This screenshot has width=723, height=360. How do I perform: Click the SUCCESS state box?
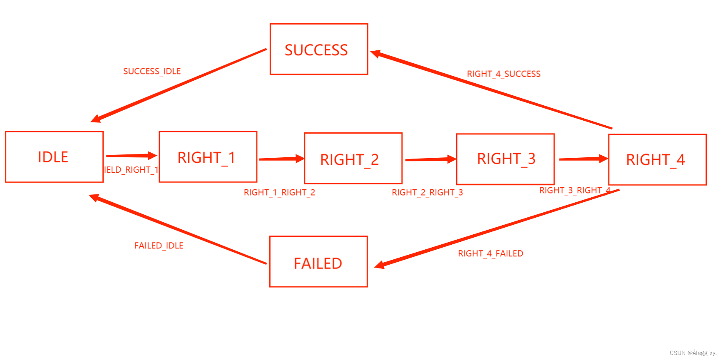pyautogui.click(x=319, y=49)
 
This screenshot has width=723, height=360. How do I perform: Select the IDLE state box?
pyautogui.click(x=54, y=157)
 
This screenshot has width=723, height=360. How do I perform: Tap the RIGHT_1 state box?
pyautogui.click(x=208, y=157)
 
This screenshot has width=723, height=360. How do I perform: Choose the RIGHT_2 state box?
pyautogui.click(x=353, y=158)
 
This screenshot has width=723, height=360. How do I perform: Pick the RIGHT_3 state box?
pyautogui.click(x=505, y=159)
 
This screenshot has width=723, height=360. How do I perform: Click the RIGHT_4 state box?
pyautogui.click(x=657, y=159)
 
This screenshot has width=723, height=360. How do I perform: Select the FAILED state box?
pyautogui.click(x=318, y=261)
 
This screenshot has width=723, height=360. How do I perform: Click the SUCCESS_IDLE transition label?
pyautogui.click(x=152, y=71)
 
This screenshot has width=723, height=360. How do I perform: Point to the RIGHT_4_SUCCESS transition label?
pyautogui.click(x=504, y=74)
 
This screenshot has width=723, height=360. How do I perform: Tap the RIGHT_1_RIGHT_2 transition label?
pyautogui.click(x=279, y=192)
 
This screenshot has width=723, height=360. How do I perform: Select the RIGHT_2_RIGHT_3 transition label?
pyautogui.click(x=427, y=192)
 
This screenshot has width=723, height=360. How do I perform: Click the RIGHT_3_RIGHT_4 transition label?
pyautogui.click(x=574, y=190)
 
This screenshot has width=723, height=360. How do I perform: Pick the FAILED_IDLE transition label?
pyautogui.click(x=159, y=246)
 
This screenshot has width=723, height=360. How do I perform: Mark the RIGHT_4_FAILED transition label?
pyautogui.click(x=490, y=253)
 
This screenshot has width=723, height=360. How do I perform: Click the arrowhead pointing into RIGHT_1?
pyautogui.click(x=152, y=156)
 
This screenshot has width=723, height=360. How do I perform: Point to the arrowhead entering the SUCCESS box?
pyautogui.click(x=375, y=54)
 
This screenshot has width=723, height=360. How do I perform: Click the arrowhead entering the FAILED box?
pyautogui.click(x=379, y=265)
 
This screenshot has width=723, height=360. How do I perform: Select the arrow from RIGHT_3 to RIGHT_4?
pyautogui.click(x=583, y=159)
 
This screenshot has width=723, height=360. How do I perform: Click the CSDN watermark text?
pyautogui.click(x=693, y=353)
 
